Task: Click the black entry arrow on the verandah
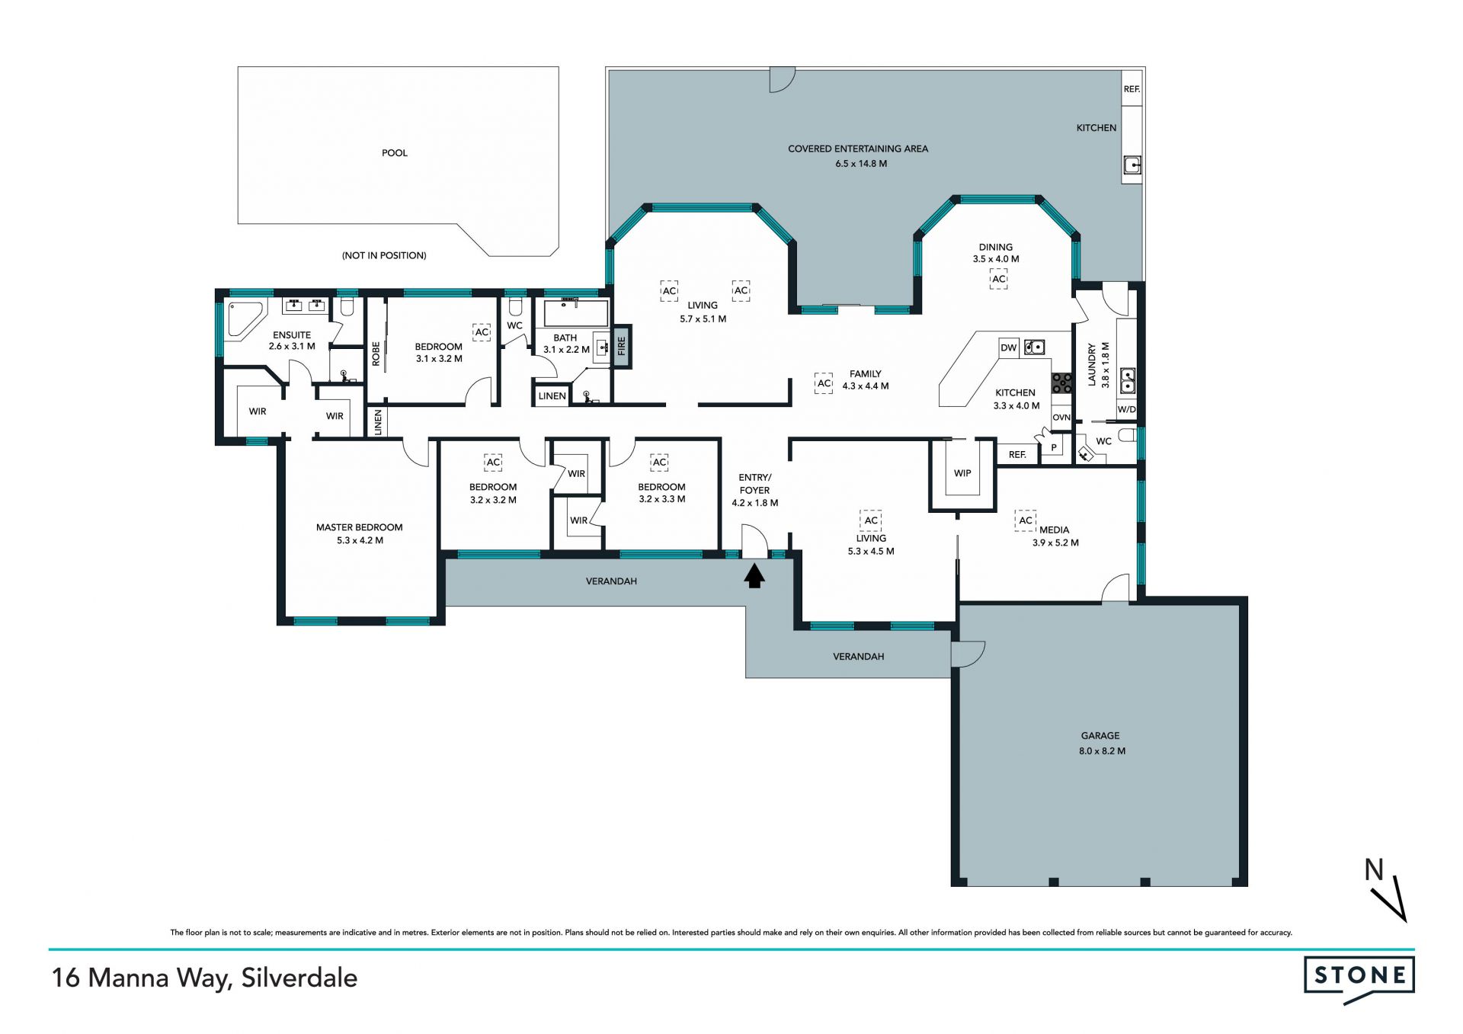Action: [754, 575]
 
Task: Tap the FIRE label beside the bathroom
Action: [621, 346]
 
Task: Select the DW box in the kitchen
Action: [1009, 348]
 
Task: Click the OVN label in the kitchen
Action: [1061, 418]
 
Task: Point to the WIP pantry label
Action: [962, 473]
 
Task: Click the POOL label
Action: [395, 153]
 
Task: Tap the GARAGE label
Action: [1100, 736]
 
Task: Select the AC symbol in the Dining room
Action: [999, 280]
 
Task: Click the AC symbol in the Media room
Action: [1026, 520]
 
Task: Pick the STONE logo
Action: [1359, 977]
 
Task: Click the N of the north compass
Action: [1374, 869]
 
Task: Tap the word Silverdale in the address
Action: [299, 978]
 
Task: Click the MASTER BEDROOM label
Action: [360, 527]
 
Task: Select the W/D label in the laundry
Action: [1126, 410]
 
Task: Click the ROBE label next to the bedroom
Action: [376, 354]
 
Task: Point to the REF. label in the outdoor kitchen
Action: [1132, 89]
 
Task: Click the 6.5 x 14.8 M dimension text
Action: [861, 164]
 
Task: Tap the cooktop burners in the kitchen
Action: [1062, 383]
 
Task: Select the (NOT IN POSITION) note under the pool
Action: [384, 255]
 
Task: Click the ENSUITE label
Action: [292, 335]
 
